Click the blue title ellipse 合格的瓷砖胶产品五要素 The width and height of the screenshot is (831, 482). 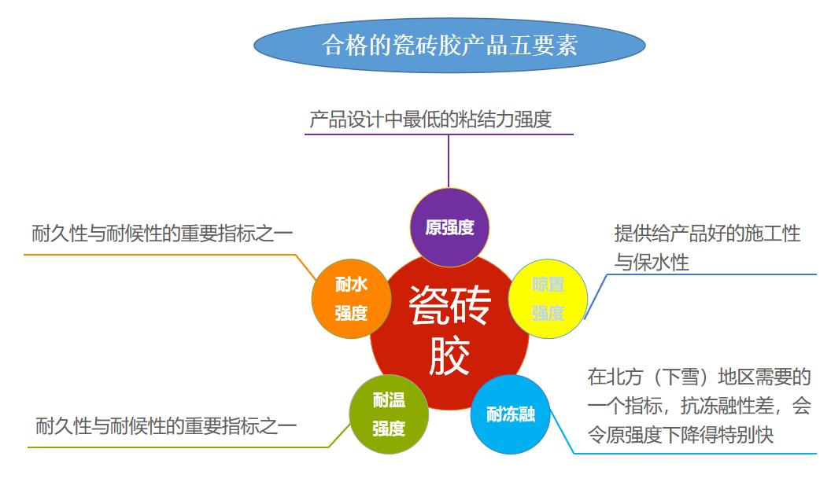click(x=449, y=45)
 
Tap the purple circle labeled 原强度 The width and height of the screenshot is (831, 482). click(x=449, y=228)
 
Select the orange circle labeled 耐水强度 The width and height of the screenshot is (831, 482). click(x=351, y=299)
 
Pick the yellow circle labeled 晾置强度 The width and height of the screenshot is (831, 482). click(x=548, y=299)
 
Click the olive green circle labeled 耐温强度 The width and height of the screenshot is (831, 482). click(x=389, y=414)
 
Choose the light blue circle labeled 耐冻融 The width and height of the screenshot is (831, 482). click(x=510, y=414)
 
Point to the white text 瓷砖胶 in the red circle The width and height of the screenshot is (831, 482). click(x=449, y=330)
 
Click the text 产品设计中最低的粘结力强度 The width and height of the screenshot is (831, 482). click(x=430, y=120)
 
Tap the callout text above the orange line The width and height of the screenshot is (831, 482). click(x=162, y=234)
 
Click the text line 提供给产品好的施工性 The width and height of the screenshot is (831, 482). click(x=707, y=234)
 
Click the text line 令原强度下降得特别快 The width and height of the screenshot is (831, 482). click(x=681, y=435)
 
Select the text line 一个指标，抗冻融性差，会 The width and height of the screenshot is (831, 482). click(x=699, y=406)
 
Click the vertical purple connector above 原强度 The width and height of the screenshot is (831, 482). click(x=449, y=161)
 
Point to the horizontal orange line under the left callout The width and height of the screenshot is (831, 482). click(x=157, y=255)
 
